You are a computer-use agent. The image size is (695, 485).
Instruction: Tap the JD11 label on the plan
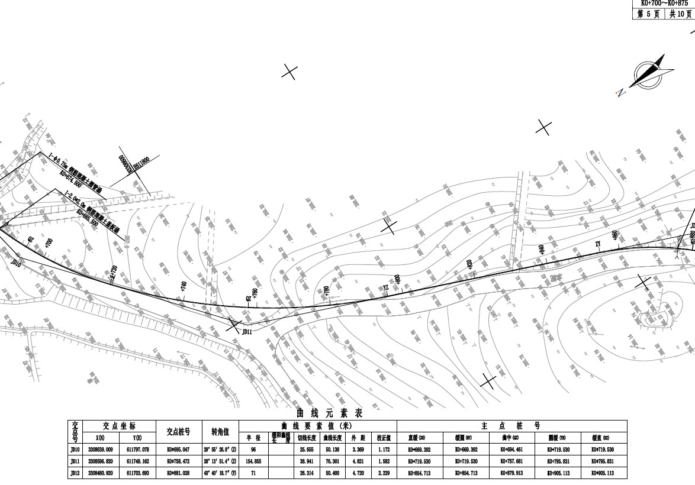click(247, 332)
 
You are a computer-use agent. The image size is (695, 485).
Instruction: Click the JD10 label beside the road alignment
click(16, 264)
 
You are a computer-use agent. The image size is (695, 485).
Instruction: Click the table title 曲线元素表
click(330, 413)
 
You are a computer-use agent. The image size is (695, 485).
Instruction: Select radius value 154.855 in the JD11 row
click(253, 461)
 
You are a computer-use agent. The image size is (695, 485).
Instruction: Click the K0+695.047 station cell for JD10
click(178, 450)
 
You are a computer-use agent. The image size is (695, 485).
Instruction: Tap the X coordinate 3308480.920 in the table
click(101, 473)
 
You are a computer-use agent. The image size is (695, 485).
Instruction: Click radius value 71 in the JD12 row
click(253, 473)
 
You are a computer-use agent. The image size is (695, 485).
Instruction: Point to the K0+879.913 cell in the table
click(511, 473)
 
